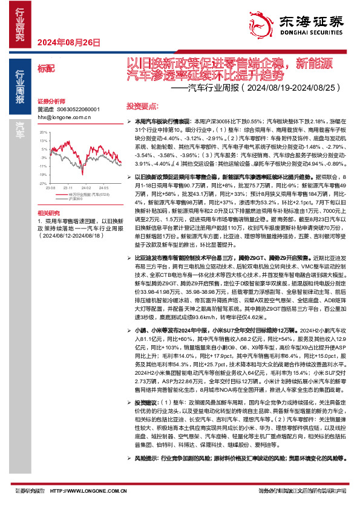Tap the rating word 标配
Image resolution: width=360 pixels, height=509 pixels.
[x=45, y=70]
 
